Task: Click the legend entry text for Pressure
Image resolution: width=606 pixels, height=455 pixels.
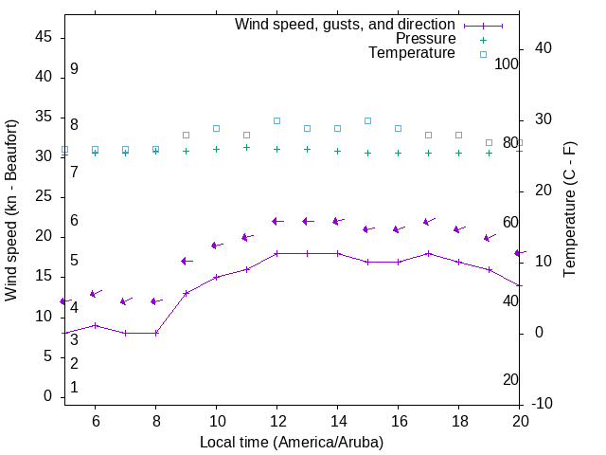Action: [x=425, y=39]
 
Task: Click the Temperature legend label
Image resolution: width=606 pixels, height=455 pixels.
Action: [x=412, y=53]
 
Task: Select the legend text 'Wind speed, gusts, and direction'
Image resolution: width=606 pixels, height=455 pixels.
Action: [x=346, y=25]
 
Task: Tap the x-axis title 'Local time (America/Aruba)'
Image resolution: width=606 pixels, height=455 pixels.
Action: [x=292, y=442]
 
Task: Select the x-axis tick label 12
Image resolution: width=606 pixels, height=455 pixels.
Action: [x=276, y=420]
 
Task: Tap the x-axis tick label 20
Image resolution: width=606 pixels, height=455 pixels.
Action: [x=520, y=420]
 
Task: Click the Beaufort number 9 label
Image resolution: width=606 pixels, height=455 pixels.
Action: [x=74, y=69]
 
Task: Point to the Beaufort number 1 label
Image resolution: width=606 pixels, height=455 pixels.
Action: [x=74, y=388]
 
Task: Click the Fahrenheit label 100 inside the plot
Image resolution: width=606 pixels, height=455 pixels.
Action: [x=507, y=64]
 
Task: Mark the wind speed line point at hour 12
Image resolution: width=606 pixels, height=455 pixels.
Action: [x=276, y=253]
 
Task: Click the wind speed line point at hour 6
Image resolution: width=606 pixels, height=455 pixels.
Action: [x=95, y=325]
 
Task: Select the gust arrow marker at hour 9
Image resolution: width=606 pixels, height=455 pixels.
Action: [x=186, y=261]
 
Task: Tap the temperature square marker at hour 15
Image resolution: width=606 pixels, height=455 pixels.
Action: [x=367, y=121]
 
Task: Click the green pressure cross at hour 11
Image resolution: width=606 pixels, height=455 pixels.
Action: [x=246, y=147]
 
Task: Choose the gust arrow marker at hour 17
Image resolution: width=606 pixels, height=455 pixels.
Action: [x=428, y=222]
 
